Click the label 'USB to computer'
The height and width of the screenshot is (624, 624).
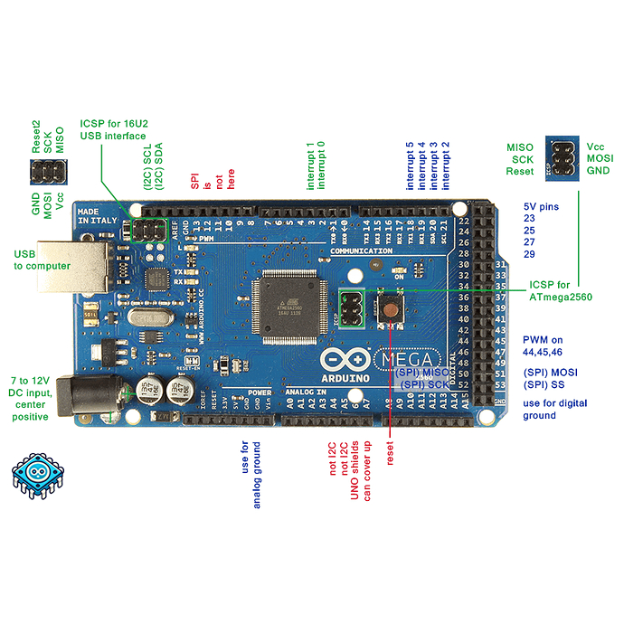tap(42, 260)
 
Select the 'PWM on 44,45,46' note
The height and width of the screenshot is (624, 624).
tap(554, 346)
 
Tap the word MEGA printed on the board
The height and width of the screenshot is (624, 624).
tap(407, 359)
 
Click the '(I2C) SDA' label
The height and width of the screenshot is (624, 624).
tap(159, 168)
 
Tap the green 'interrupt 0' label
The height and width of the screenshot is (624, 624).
tap(321, 164)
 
